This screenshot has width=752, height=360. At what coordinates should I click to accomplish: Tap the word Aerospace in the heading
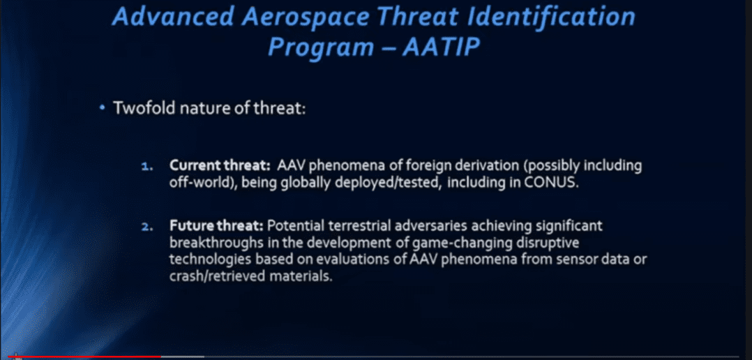306,17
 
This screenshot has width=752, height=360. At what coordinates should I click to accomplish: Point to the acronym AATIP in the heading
442,47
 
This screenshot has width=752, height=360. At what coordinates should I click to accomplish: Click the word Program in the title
320,48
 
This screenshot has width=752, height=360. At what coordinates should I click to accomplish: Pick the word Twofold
144,108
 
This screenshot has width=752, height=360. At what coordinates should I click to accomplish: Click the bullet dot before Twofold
102,108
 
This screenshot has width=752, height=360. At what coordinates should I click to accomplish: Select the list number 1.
146,167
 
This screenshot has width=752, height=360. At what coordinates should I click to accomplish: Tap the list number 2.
146,227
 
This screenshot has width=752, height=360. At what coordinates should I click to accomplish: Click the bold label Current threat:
220,166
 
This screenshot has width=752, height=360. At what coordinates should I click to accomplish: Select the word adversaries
418,226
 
